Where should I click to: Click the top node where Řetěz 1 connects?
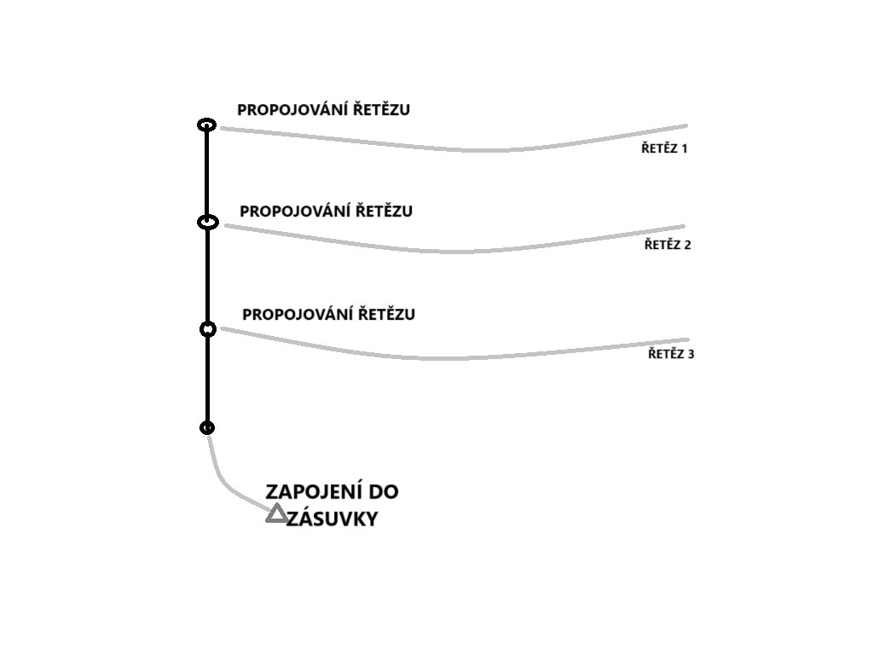point(206,125)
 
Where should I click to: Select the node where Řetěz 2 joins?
point(207,222)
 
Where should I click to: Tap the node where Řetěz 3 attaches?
point(207,329)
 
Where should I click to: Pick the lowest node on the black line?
point(207,427)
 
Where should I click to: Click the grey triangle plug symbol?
point(275,513)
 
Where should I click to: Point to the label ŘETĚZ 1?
point(664,148)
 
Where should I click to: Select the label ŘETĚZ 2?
point(668,245)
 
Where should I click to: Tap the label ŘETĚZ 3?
point(671,353)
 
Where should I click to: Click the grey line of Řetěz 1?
point(460,150)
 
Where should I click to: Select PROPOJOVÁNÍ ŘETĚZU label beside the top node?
point(323,110)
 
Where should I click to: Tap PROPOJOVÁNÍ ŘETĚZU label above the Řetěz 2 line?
point(326,212)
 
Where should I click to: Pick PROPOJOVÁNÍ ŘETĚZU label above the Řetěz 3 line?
point(328,315)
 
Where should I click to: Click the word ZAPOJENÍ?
point(309,492)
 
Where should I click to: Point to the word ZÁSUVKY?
point(332,519)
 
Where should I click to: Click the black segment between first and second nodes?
point(206,174)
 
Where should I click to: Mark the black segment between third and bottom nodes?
point(207,379)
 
